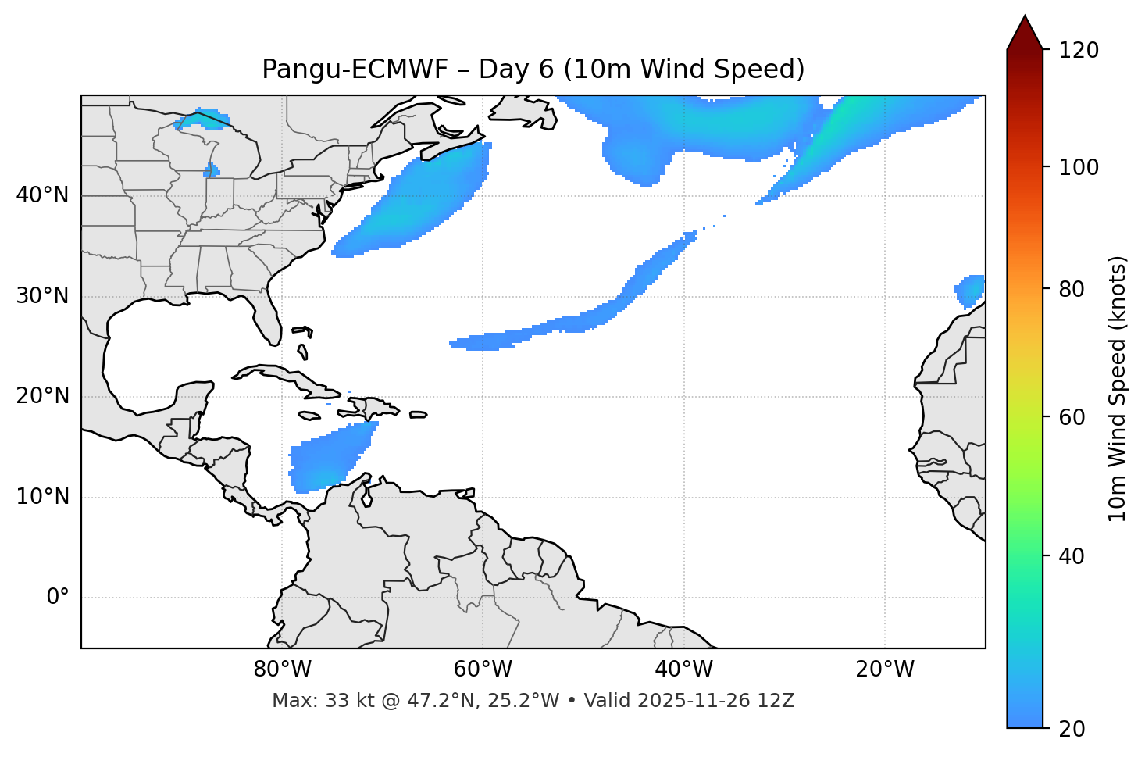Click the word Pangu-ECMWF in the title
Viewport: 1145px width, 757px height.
355,70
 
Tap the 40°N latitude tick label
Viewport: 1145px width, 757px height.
42,195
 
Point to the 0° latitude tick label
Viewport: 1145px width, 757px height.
58,598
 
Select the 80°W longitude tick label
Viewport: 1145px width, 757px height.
282,670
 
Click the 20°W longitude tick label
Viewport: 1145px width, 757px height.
885,670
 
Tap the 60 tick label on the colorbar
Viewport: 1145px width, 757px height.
1076,417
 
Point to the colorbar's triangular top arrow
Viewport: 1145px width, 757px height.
1025,33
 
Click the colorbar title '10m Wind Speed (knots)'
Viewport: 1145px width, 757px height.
1118,388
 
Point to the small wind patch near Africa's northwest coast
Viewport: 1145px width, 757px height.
971,291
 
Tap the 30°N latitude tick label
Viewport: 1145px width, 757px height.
42,296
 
